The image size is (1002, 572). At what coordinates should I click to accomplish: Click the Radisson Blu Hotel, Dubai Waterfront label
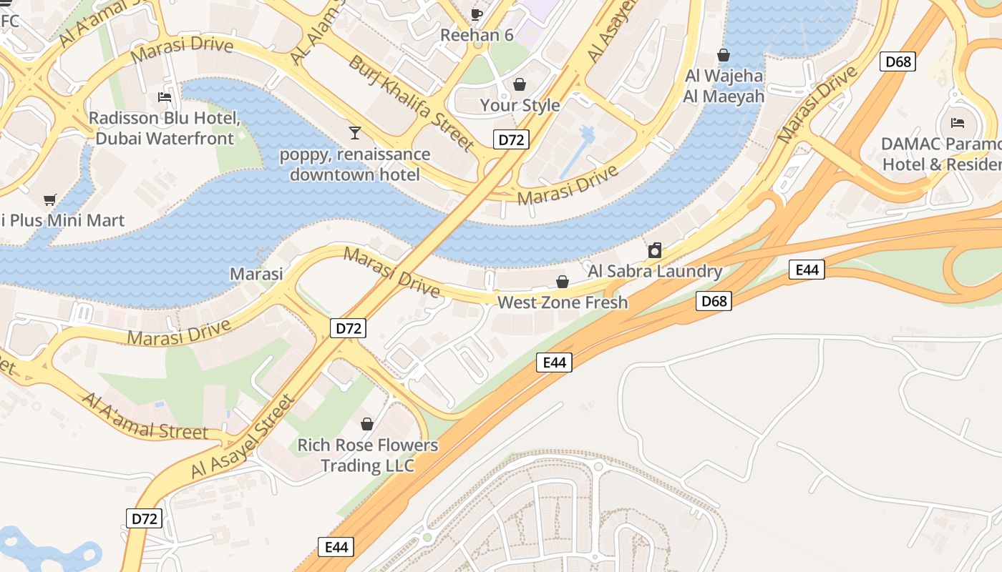tap(164, 128)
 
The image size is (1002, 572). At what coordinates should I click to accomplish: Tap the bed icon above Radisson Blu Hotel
tap(165, 97)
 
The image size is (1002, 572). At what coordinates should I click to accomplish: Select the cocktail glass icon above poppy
tap(354, 132)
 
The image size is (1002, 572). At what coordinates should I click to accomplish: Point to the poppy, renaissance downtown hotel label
tap(355, 164)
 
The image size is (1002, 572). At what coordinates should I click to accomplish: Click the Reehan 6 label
tap(477, 35)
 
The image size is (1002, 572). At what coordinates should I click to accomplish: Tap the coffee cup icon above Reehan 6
tap(477, 14)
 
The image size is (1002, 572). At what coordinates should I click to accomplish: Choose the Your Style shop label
tap(520, 105)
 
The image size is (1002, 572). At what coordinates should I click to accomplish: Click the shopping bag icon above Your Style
tap(520, 84)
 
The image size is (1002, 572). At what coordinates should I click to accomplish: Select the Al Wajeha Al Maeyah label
tap(724, 86)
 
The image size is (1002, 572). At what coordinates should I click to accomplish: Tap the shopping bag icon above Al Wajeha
tap(724, 55)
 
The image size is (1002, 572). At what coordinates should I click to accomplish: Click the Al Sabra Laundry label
tap(655, 271)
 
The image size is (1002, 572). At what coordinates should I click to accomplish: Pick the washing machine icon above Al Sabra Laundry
tap(654, 251)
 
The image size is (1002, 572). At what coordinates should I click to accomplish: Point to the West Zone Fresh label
tap(563, 302)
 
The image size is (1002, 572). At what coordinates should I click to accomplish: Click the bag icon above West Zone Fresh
tap(563, 282)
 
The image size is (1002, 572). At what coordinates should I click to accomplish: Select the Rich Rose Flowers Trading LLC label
tap(367, 455)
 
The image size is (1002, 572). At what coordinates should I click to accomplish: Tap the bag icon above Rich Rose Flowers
tap(367, 424)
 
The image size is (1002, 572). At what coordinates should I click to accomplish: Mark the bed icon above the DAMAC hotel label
tap(958, 123)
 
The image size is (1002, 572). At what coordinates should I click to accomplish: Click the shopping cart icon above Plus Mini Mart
tap(49, 199)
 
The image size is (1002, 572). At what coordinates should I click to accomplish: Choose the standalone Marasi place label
tap(256, 274)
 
